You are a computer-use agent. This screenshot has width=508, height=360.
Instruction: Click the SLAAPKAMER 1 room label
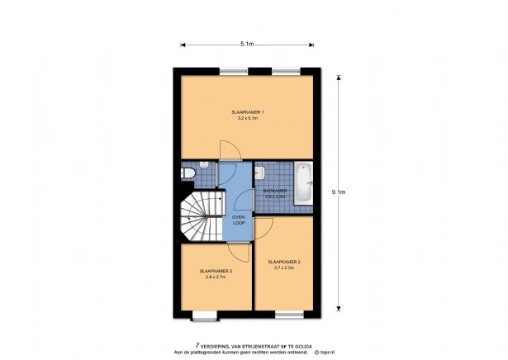pyautogui.click(x=247, y=111)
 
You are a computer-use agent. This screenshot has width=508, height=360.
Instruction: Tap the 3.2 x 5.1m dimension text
pyautogui.click(x=247, y=119)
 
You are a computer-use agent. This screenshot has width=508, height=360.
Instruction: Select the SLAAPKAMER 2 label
pyautogui.click(x=283, y=261)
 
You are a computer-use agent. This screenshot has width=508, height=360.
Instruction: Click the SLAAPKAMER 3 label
pyautogui.click(x=215, y=270)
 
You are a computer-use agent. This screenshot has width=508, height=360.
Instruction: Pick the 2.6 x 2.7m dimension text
pyautogui.click(x=215, y=277)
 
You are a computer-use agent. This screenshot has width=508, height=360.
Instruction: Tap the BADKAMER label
pyautogui.click(x=274, y=191)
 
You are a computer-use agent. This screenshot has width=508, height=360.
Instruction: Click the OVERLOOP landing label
pyautogui.click(x=239, y=220)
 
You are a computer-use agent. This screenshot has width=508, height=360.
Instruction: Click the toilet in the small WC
pyautogui.click(x=187, y=173)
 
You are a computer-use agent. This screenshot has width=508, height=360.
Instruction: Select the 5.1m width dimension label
pyautogui.click(x=247, y=43)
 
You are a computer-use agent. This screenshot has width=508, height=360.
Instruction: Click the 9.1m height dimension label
pyautogui.click(x=338, y=192)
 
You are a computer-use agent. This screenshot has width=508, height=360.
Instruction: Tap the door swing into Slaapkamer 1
pyautogui.click(x=229, y=149)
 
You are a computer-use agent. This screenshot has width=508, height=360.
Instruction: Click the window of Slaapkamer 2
pyautogui.click(x=288, y=313)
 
